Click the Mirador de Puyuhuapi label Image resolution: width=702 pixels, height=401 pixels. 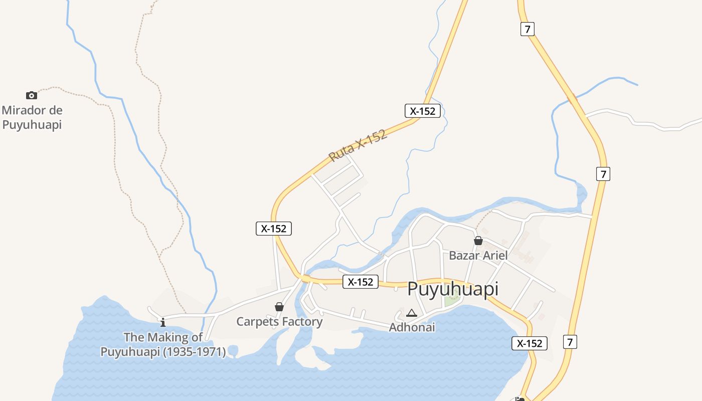[32, 117]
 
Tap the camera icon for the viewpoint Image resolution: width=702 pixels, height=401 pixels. [32, 95]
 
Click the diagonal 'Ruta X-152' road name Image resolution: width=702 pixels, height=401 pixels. [358, 146]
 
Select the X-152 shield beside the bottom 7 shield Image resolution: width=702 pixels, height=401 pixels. [530, 343]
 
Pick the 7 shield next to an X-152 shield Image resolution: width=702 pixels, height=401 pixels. [570, 342]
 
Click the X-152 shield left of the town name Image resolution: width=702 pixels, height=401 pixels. [361, 282]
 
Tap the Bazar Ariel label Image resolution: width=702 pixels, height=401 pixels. [478, 255]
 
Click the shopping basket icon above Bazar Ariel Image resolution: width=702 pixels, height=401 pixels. [478, 241]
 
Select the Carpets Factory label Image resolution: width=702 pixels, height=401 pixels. [279, 321]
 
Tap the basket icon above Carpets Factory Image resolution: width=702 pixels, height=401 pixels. [279, 307]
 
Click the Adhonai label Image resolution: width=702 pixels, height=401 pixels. [412, 327]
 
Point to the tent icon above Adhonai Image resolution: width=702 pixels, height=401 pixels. [412, 313]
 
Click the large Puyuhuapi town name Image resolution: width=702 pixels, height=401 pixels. [453, 289]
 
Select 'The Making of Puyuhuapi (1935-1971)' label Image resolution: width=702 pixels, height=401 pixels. [163, 344]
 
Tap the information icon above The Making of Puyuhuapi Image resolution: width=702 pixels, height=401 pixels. [162, 322]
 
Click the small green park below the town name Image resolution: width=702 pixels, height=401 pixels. [451, 301]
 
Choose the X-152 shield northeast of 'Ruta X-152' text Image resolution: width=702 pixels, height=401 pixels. [423, 111]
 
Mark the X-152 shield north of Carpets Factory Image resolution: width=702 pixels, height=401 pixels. [273, 229]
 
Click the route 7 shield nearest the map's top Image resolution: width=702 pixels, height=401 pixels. [526, 29]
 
